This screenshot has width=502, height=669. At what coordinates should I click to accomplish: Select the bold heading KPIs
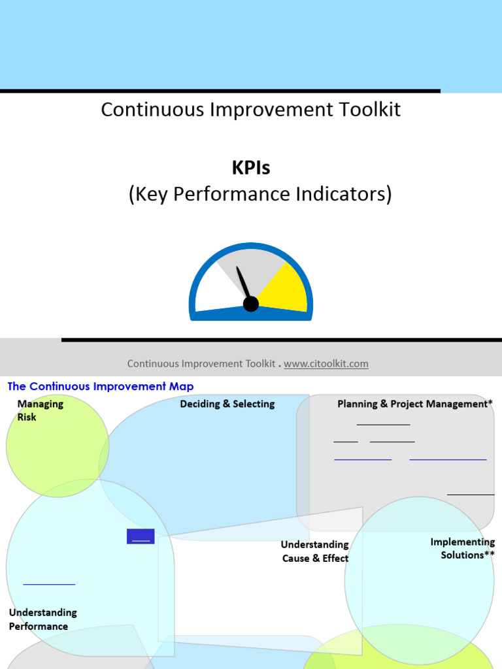pyautogui.click(x=250, y=168)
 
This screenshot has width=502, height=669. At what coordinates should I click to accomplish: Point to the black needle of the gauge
pyautogui.click(x=243, y=282)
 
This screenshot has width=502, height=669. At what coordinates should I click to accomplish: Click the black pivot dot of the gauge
pyautogui.click(x=251, y=304)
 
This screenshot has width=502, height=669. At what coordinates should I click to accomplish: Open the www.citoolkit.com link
pyautogui.click(x=326, y=364)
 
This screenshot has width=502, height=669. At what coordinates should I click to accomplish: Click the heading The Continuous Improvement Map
pyautogui.click(x=101, y=387)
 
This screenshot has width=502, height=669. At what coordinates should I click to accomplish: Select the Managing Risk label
pyautogui.click(x=40, y=410)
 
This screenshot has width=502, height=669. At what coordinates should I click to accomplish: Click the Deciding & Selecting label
pyautogui.click(x=227, y=404)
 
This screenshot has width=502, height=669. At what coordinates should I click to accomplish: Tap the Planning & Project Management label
pyautogui.click(x=415, y=404)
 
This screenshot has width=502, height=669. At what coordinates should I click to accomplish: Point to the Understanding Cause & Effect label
pyautogui.click(x=315, y=551)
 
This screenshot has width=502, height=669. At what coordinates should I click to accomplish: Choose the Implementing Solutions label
pyautogui.click(x=462, y=549)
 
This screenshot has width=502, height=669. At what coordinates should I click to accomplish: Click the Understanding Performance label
pyautogui.click(x=42, y=619)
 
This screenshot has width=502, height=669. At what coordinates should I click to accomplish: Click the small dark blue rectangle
pyautogui.click(x=141, y=536)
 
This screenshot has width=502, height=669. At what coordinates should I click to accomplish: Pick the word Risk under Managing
pyautogui.click(x=27, y=417)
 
